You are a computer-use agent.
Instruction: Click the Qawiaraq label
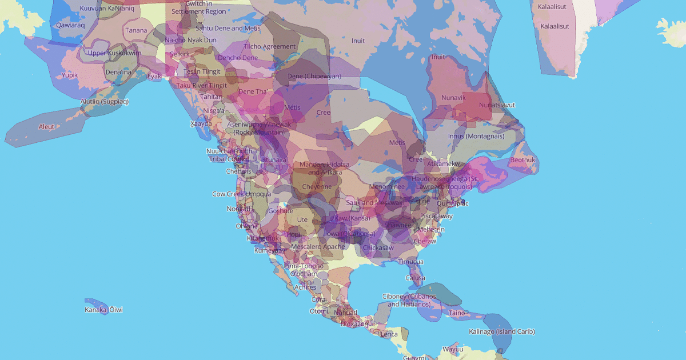[70, 25]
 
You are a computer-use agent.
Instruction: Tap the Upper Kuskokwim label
[114, 53]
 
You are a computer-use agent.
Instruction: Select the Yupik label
[70, 75]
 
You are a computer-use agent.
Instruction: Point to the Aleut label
[46, 126]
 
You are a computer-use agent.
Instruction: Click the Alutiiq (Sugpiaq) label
[105, 102]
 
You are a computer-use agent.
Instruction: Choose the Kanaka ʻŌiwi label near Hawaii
[103, 310]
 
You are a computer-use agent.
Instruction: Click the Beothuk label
[523, 160]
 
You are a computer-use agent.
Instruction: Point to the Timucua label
[410, 262]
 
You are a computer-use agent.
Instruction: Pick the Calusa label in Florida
[415, 278]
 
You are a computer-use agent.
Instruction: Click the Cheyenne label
[316, 186]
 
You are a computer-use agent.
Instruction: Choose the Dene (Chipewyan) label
[314, 76]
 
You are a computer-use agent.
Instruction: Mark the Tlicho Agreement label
[270, 46]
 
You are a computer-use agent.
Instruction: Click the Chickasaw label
[378, 247]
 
